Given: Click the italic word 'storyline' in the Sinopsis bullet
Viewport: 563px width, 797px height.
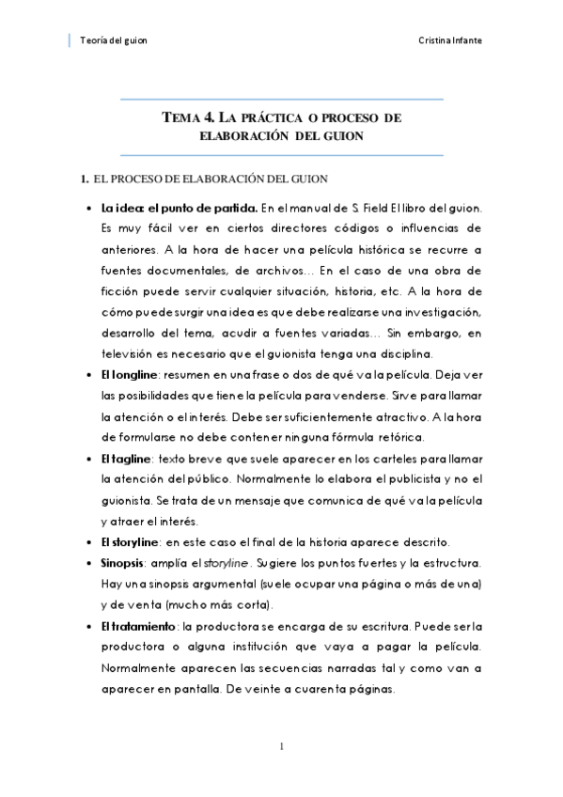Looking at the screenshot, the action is (229, 562).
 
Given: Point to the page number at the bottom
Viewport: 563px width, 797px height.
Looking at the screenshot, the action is (281, 747).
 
